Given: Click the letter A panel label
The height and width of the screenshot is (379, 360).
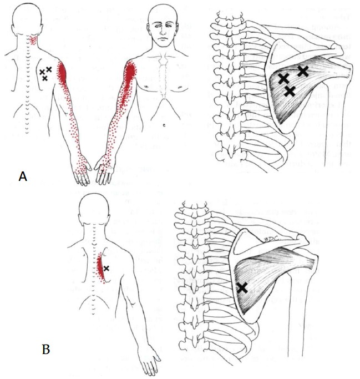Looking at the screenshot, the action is click(x=23, y=176).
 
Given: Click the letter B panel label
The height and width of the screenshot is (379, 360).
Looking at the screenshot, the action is click(x=47, y=349).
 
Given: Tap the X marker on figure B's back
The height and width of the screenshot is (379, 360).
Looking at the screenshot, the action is click(x=107, y=268).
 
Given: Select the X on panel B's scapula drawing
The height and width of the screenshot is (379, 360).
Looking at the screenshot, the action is click(x=242, y=287).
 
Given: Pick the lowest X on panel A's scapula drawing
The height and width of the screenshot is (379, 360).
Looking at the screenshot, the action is click(x=289, y=91).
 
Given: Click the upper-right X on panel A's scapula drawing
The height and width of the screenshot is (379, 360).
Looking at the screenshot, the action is click(x=302, y=70).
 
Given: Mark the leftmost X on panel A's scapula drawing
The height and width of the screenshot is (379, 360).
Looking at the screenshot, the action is click(x=283, y=78).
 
